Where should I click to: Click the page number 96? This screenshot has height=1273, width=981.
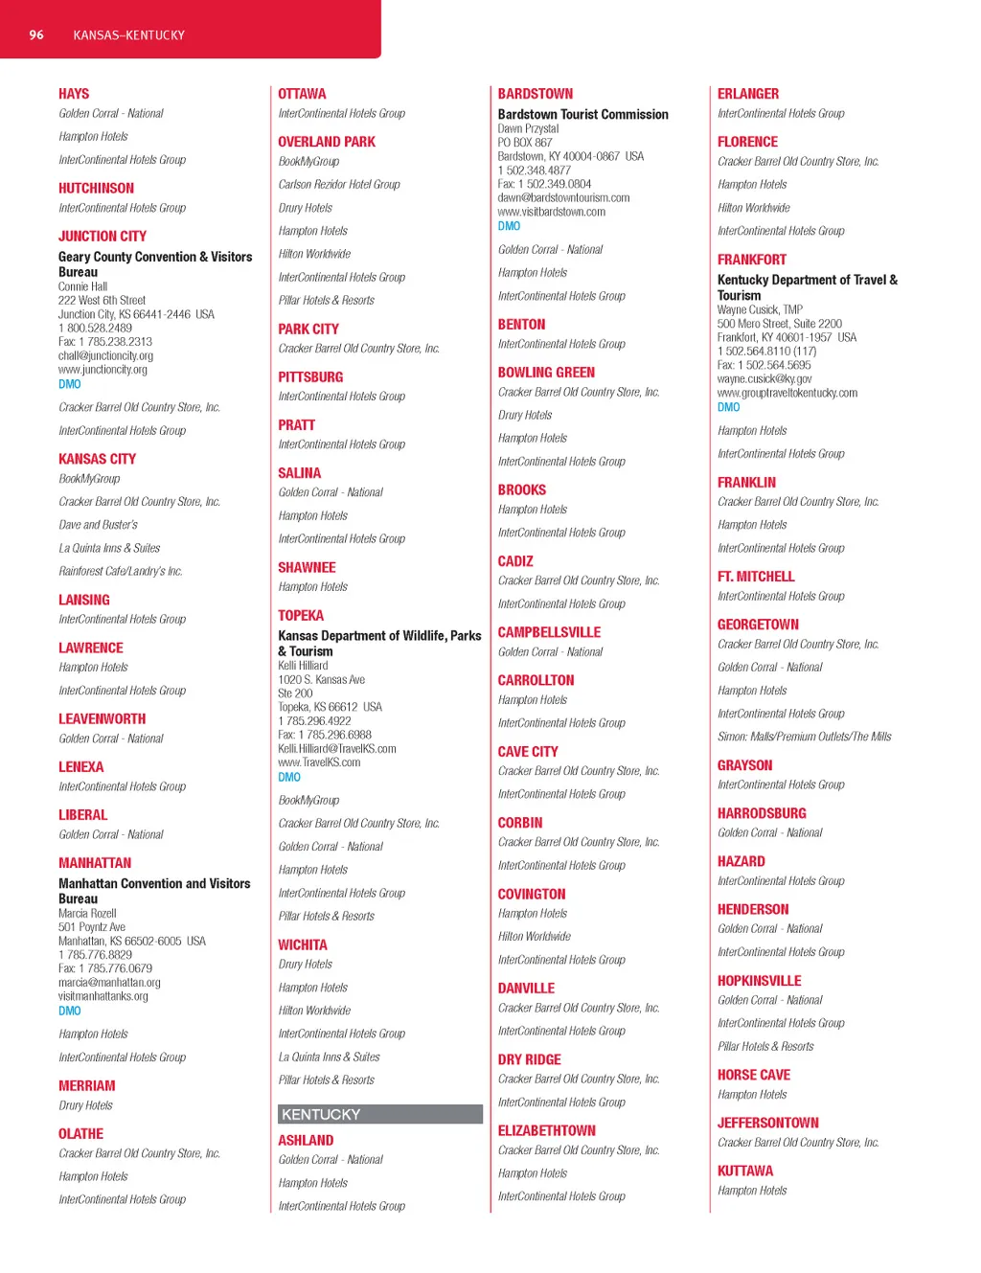click(x=36, y=35)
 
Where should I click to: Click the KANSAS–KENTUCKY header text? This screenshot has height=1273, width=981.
click(x=128, y=35)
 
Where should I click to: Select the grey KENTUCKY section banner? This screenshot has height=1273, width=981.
click(x=379, y=1114)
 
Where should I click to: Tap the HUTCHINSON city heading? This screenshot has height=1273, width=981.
click(x=96, y=189)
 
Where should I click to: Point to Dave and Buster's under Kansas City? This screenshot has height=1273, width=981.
click(x=98, y=525)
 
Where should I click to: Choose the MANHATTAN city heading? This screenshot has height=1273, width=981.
click(x=95, y=863)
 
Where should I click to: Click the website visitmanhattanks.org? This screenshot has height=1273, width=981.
click(x=103, y=996)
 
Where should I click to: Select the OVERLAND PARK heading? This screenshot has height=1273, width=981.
click(x=327, y=142)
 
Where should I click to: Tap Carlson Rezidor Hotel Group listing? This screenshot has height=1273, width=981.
click(x=339, y=185)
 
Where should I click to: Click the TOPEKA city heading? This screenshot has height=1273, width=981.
click(x=301, y=616)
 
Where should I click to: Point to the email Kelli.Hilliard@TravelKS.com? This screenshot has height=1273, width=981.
click(x=337, y=749)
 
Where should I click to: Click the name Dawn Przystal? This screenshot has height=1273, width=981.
click(x=528, y=128)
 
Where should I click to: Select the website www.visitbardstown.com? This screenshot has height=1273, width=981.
click(x=552, y=212)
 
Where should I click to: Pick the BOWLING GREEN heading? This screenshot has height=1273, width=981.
click(x=546, y=373)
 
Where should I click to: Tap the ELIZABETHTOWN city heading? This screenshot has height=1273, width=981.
click(x=546, y=1131)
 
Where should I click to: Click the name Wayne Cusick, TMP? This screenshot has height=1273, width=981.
click(x=760, y=309)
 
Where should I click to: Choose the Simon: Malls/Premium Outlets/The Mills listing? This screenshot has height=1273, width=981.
click(x=804, y=737)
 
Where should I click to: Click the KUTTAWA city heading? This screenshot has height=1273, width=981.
click(x=745, y=1171)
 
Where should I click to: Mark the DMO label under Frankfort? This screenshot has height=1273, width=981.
click(x=728, y=407)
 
